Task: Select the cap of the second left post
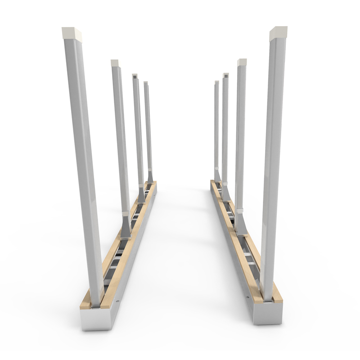click(115, 63)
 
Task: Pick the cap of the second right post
click(242, 63)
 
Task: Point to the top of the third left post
click(135, 76)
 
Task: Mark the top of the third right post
click(225, 76)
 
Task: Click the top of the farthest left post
click(146, 83)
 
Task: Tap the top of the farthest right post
click(216, 83)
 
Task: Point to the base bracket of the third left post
click(142, 196)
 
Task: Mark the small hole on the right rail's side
click(246, 297)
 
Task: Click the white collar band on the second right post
click(239, 210)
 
